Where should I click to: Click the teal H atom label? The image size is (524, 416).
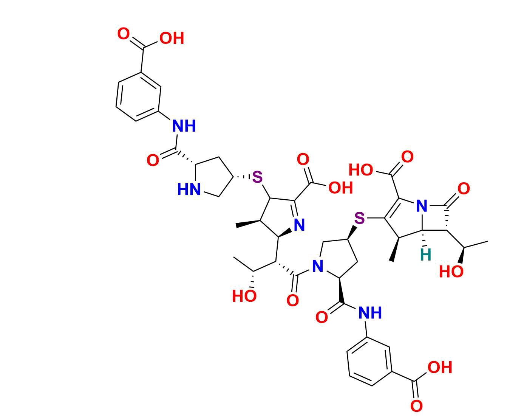425,255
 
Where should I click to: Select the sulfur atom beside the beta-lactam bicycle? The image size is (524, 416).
360,218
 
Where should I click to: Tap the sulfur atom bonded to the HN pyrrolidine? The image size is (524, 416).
257,177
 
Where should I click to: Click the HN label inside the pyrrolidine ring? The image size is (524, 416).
189,189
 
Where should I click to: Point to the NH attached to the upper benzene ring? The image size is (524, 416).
184,126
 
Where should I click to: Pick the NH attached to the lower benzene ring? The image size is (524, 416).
370,313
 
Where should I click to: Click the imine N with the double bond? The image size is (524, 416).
299,225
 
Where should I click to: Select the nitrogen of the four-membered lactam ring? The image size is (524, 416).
422,206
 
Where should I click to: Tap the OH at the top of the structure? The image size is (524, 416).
172,38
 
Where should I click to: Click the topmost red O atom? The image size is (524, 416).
123,34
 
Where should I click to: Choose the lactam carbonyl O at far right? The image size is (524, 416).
464,188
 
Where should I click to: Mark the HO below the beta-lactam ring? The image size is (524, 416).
451,272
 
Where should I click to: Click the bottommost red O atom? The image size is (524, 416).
416,407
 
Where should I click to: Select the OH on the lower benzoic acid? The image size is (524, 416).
440,367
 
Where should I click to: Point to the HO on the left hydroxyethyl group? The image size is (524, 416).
244,296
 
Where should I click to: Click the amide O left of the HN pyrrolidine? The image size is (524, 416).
153,161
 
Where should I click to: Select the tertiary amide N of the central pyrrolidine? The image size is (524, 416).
318,267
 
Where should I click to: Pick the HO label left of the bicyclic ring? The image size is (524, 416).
360,170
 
